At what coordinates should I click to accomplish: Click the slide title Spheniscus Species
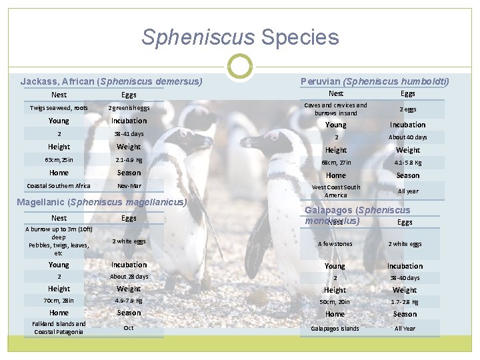point(240,37)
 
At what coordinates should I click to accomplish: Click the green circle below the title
point(240,66)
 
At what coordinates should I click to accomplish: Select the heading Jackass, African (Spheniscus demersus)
point(111,82)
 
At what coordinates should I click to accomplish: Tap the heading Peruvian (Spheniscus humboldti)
point(375,82)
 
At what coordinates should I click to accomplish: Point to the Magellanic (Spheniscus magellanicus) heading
point(105,201)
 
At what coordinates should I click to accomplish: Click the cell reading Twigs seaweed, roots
point(59,108)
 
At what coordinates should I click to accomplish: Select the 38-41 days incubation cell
point(129,133)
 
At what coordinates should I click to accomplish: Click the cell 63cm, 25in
point(59,160)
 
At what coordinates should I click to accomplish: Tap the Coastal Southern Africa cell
point(59,185)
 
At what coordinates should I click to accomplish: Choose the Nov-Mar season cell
point(129,185)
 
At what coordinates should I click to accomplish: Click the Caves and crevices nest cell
point(335,109)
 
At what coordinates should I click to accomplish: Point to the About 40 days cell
point(408,137)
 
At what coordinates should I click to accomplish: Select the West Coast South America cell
point(335,191)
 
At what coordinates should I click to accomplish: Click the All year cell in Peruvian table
point(408,191)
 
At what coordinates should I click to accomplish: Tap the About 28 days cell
point(129,277)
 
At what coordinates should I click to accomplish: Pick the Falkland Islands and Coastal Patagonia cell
point(59,328)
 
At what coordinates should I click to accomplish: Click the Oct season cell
point(129,328)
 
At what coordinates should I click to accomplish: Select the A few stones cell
point(335,244)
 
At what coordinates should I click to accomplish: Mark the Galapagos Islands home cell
point(335,328)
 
